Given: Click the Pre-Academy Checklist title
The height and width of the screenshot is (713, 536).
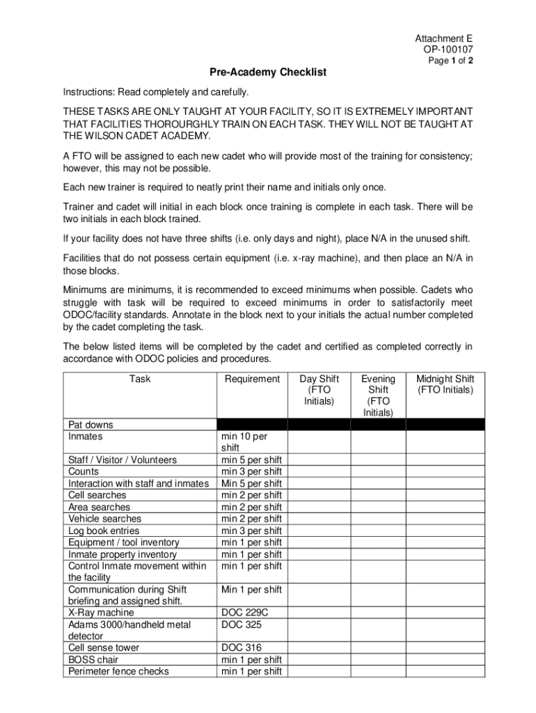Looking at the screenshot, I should [268, 72].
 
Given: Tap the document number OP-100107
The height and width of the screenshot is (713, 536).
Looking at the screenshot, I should [448, 49].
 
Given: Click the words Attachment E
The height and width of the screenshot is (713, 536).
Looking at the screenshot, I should [444, 39].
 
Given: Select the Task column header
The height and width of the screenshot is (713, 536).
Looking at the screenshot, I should [139, 379].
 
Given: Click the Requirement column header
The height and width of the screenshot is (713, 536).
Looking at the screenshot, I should [252, 379].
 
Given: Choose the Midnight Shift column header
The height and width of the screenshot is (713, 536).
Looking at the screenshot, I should [445, 384].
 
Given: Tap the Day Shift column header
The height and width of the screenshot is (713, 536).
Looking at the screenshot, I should [319, 390].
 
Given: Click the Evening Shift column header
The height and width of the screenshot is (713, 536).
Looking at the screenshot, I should [378, 395].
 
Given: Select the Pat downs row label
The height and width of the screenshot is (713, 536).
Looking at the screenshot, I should [90, 425].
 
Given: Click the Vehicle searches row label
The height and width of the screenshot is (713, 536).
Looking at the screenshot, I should [104, 519].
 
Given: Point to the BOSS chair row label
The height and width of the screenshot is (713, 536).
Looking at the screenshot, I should [93, 659].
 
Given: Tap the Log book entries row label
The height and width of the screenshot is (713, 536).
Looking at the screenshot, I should [104, 531].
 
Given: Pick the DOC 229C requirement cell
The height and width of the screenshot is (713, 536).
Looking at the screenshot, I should [244, 613].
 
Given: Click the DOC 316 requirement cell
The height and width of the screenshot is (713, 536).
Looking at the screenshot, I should [242, 648].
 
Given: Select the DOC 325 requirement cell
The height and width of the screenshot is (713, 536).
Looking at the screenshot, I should [242, 625].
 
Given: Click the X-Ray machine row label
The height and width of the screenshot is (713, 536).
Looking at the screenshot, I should [101, 613].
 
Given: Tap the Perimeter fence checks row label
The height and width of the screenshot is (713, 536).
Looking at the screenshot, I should [118, 671].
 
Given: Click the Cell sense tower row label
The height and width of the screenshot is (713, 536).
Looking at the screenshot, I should [104, 648].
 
